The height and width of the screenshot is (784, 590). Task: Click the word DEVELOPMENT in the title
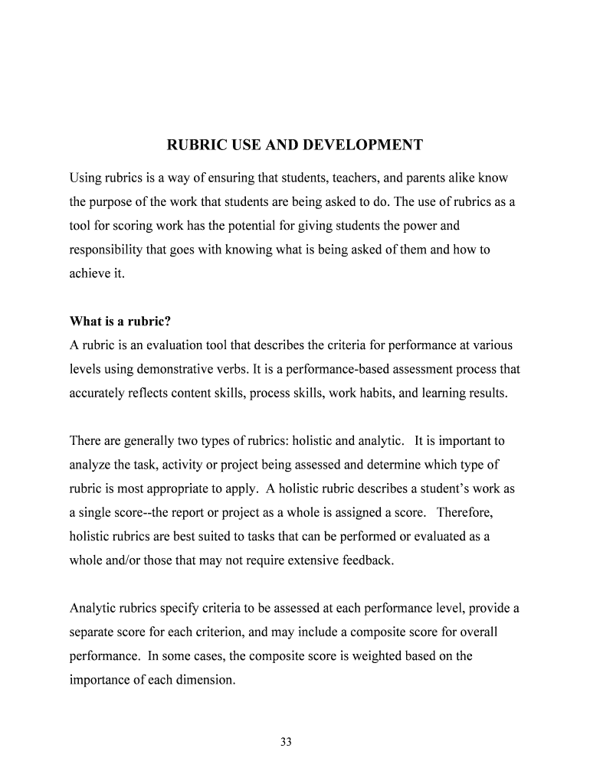363,145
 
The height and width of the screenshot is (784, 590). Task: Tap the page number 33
287,742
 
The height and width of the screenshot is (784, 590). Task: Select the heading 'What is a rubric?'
120,321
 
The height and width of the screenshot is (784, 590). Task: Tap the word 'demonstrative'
177,369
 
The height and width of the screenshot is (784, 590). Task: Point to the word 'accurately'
100,393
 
